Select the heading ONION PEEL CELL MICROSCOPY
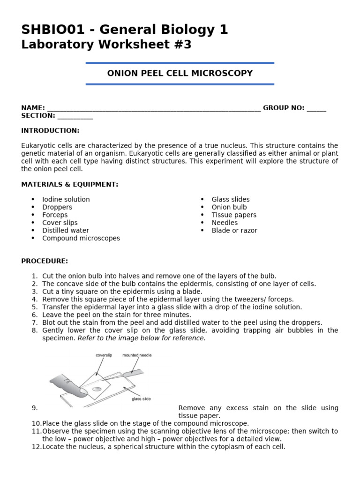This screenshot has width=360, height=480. coord(180,73)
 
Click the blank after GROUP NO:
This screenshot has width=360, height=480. coord(316,108)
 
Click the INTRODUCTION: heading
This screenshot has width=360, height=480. coord(50,131)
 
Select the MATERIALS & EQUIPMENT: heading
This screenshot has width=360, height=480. coord(70,185)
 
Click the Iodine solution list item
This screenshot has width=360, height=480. coord(66,199)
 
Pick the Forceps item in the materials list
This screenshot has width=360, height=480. coord(55,215)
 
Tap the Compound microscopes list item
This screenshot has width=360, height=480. coord(81,238)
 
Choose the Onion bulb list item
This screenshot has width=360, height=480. coord(229,207)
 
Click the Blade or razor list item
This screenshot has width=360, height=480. coord(234,230)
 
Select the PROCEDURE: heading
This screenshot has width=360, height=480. coord(45,261)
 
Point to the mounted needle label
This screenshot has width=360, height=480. coord(137,355)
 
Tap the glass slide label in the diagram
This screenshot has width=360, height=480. coord(141,399)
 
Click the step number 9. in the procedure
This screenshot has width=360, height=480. coord(35,408)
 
